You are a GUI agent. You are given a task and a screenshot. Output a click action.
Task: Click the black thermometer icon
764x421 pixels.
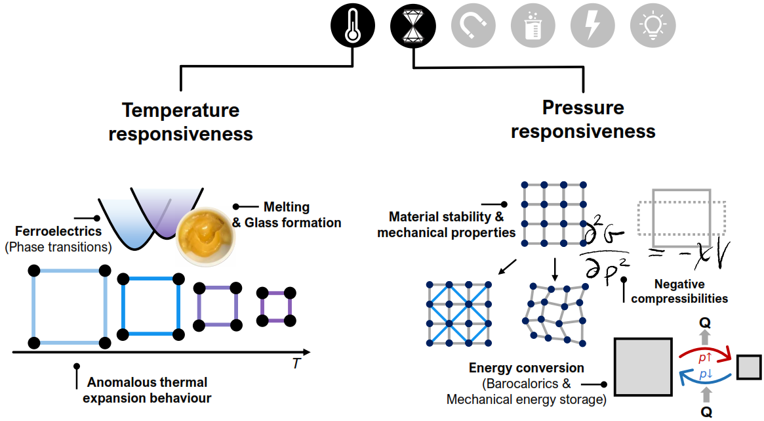353,25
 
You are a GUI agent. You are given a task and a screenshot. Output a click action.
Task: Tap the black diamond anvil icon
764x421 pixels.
412,25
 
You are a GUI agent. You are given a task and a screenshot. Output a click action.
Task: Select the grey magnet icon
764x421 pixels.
473,25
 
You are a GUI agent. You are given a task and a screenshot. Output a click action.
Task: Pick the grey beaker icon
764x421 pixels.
533,25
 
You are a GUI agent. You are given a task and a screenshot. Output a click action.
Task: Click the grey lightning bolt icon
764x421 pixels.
592,25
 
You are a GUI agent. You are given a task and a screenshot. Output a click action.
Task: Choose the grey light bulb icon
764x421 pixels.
653,25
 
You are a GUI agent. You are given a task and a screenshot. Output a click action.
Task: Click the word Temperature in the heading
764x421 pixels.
181,110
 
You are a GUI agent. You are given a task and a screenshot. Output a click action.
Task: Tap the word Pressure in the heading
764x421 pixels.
583,107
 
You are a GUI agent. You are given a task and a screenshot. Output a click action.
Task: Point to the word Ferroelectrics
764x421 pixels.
58,231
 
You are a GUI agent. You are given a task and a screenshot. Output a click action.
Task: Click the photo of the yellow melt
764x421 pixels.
205,236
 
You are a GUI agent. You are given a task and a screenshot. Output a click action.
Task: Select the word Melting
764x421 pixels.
287,208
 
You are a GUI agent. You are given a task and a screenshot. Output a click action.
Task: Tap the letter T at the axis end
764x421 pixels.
296,364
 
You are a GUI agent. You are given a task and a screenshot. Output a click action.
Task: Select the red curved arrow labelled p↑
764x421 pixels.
705,353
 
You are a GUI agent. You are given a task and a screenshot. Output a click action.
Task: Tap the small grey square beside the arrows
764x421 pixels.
749,367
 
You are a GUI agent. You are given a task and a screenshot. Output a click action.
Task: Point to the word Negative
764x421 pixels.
679,284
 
